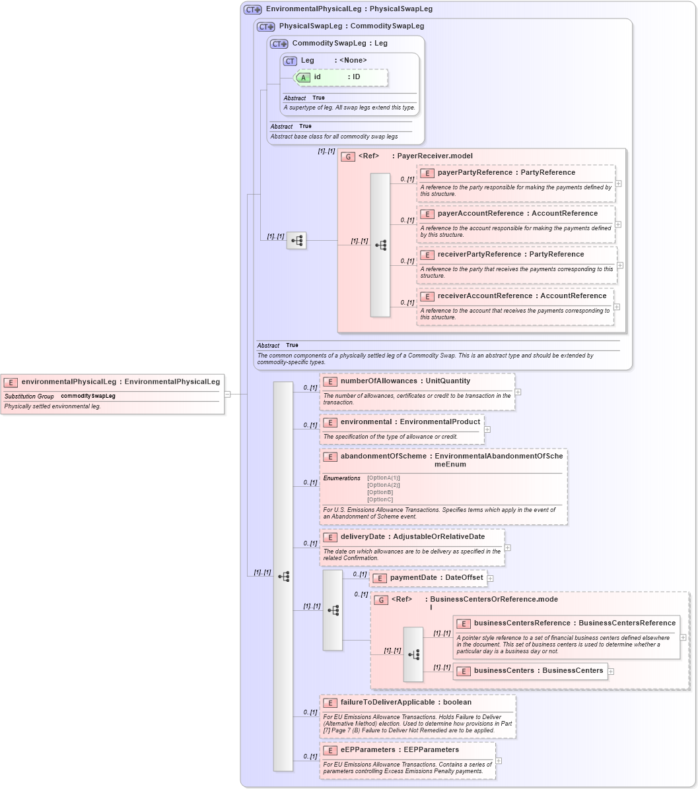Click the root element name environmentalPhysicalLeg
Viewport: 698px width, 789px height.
(69, 381)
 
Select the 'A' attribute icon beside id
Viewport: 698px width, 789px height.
(303, 77)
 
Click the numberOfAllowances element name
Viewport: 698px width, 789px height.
(378, 381)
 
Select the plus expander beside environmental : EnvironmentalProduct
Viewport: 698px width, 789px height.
(487, 429)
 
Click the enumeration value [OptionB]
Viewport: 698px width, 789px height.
(380, 492)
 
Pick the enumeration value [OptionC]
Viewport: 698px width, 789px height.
(380, 499)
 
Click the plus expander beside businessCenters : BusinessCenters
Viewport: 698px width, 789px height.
(611, 672)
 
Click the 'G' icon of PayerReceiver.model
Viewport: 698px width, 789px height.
(348, 156)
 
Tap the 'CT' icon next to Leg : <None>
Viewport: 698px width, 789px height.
(290, 61)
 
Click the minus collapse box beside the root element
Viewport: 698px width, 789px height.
(227, 394)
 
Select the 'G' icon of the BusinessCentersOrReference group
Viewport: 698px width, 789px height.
(381, 600)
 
